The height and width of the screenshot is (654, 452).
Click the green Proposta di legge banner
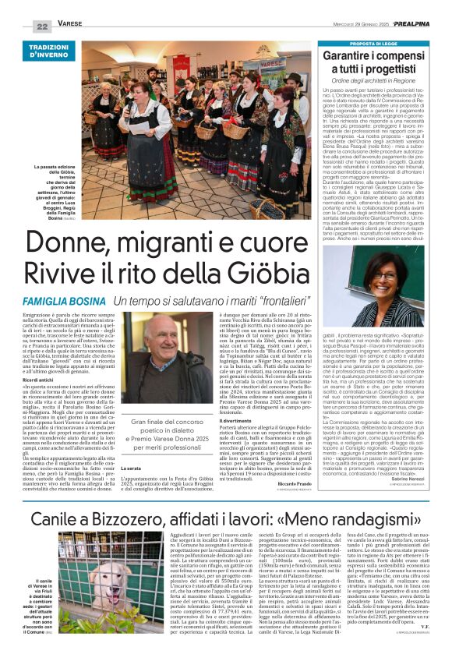click(x=376, y=43)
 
